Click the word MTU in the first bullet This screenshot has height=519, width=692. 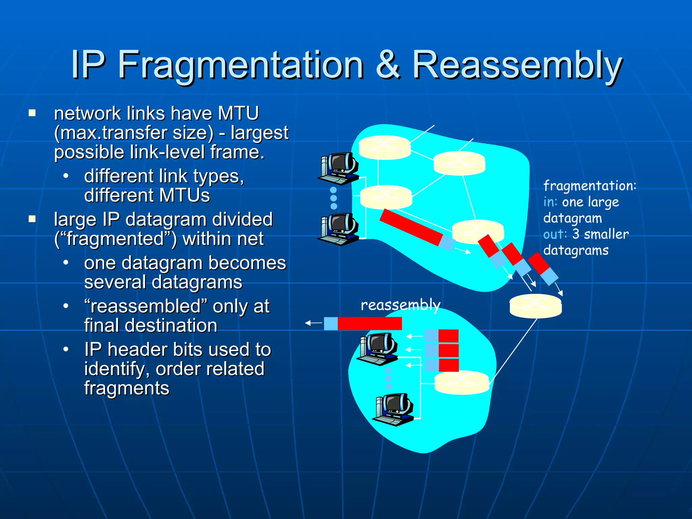point(238,113)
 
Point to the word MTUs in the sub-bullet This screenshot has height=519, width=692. point(184,195)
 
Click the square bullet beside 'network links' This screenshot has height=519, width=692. point(32,113)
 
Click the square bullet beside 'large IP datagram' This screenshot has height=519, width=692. point(32,219)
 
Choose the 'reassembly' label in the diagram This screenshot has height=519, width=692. point(400,305)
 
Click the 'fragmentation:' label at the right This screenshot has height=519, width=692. point(590,186)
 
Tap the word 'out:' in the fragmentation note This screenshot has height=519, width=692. point(555,234)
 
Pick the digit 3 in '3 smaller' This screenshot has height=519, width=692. point(576,234)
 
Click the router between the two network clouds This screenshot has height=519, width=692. point(536,306)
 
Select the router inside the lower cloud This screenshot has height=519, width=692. point(462,382)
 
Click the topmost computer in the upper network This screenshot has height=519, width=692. point(339,168)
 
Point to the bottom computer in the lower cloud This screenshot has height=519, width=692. point(394,409)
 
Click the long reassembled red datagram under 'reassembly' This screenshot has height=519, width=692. point(369,323)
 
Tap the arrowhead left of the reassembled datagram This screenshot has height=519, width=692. point(308,323)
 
